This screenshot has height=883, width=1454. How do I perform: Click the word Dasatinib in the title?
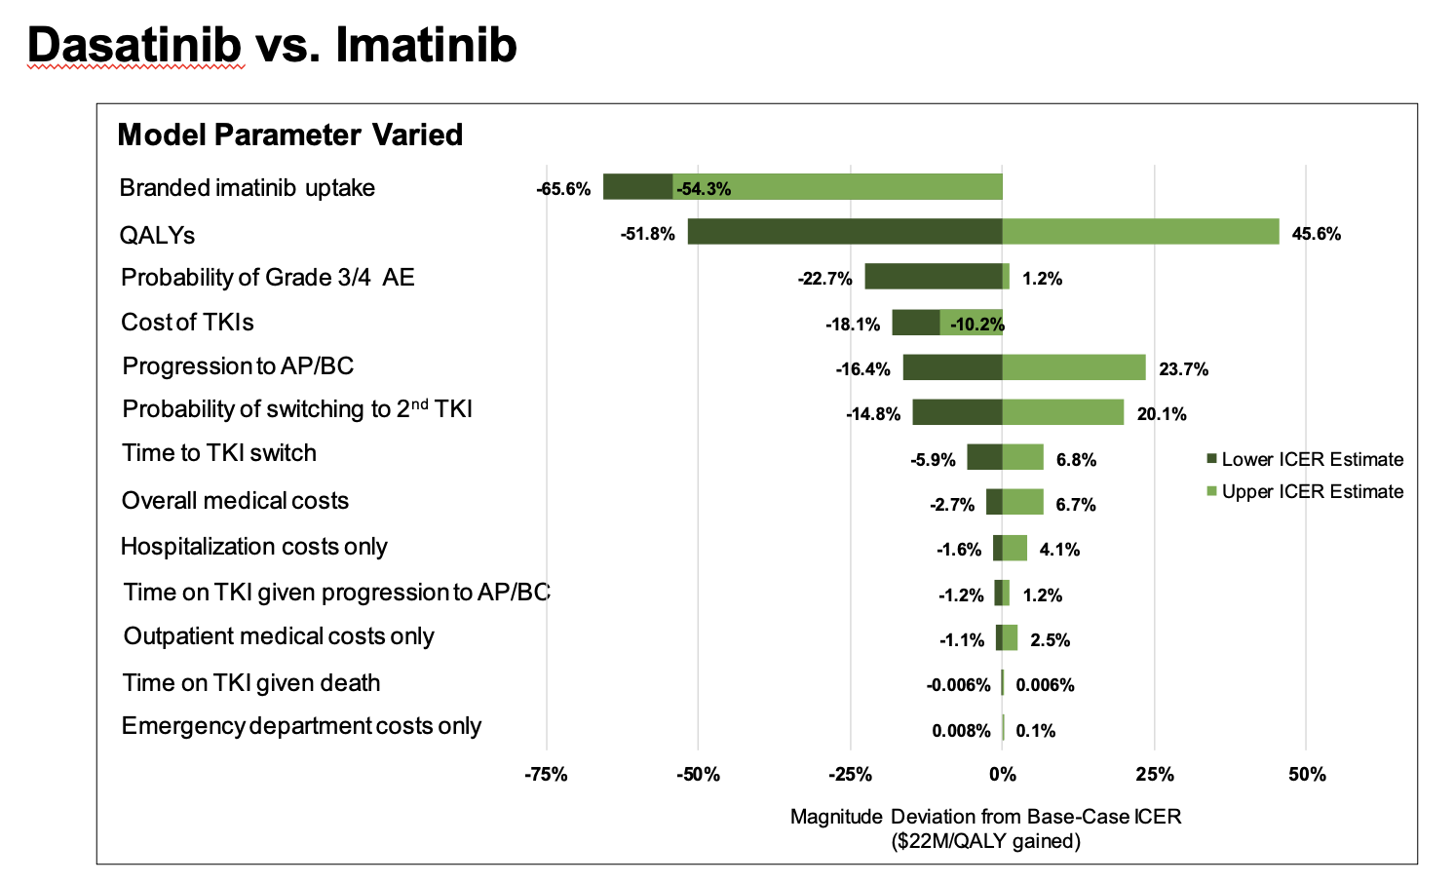click(x=135, y=45)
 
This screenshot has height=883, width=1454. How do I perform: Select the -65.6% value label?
click(x=563, y=189)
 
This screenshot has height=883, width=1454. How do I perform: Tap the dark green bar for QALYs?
click(x=844, y=232)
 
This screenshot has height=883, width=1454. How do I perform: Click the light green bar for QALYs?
click(x=1140, y=232)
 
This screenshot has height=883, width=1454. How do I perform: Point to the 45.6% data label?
click(x=1316, y=234)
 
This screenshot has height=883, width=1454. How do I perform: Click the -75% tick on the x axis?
click(x=546, y=775)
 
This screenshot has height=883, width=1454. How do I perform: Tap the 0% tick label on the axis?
click(x=1002, y=775)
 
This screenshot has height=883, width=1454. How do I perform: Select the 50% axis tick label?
click(x=1307, y=775)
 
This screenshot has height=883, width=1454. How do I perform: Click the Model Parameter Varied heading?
click(x=289, y=134)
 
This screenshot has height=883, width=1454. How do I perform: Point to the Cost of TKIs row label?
click(x=187, y=323)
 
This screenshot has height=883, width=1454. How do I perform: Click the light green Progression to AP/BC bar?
click(x=1074, y=367)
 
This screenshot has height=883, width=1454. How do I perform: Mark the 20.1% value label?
click(x=1162, y=414)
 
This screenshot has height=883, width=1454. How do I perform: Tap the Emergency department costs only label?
click(x=301, y=726)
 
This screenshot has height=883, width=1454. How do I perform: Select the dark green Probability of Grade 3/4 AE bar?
click(x=933, y=277)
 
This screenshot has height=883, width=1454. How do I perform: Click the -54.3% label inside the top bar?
click(x=704, y=189)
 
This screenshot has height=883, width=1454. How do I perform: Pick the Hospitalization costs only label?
click(x=253, y=547)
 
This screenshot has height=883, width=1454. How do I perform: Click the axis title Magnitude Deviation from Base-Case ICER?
click(x=985, y=817)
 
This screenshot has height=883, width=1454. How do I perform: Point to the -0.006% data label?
click(x=958, y=685)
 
